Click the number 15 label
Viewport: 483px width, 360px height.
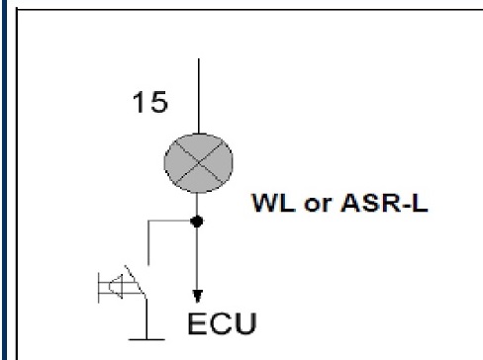pyautogui.click(x=150, y=102)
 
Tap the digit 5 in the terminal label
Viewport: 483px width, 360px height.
pyautogui.click(x=159, y=102)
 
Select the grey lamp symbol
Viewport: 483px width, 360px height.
pyautogui.click(x=199, y=163)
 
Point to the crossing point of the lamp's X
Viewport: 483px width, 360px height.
pyautogui.click(x=199, y=162)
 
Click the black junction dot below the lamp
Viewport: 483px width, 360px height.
pyautogui.click(x=197, y=222)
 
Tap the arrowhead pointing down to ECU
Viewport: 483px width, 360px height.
pyautogui.click(x=197, y=296)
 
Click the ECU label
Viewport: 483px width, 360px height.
pyautogui.click(x=222, y=323)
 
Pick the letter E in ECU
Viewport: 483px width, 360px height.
pyautogui.click(x=197, y=323)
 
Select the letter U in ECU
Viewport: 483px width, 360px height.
pyautogui.click(x=245, y=323)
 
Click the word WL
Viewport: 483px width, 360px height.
pyautogui.click(x=273, y=203)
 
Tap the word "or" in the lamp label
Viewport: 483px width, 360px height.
pyautogui.click(x=318, y=205)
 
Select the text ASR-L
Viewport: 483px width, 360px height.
pyautogui.click(x=384, y=203)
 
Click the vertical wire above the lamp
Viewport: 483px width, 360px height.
pyautogui.click(x=199, y=96)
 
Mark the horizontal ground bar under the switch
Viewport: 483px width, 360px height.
pyautogui.click(x=146, y=339)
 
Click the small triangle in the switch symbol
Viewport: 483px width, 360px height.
pyautogui.click(x=116, y=286)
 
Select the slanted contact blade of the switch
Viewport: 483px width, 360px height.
pyautogui.click(x=136, y=281)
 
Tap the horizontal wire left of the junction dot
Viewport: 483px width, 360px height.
pyautogui.click(x=169, y=221)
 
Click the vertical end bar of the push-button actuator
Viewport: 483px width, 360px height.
pyautogui.click(x=99, y=288)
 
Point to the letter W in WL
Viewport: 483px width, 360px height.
pyautogui.click(x=266, y=203)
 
